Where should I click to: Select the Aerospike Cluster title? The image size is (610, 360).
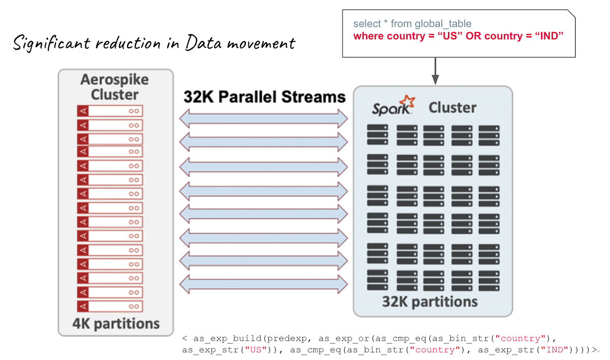point(114,87)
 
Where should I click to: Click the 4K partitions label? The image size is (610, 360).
point(116,323)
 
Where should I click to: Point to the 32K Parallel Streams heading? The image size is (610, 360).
point(264,97)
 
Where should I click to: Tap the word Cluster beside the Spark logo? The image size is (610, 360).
point(452,107)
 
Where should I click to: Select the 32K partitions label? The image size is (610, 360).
point(430,302)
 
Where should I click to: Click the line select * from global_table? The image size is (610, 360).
point(412,24)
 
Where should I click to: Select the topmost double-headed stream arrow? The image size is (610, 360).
point(263,118)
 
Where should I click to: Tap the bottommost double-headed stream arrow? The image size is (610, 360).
point(263,284)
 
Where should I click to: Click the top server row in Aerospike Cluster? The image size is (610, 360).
point(110,111)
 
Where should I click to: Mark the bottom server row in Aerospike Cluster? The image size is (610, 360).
point(110,306)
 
